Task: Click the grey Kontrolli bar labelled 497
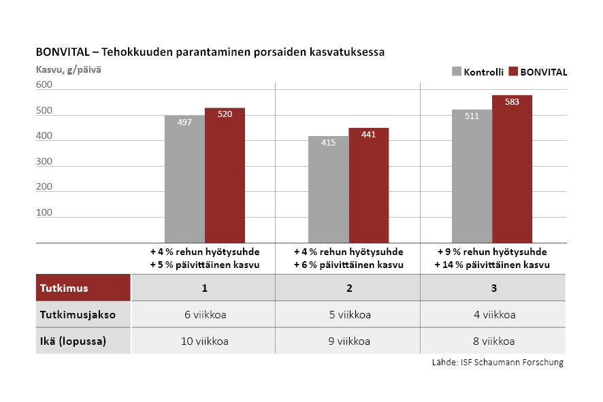tap(184, 179)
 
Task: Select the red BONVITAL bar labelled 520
tap(225, 175)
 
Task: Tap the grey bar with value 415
tap(328, 189)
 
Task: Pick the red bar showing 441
tap(368, 185)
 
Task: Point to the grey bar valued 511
tap(472, 176)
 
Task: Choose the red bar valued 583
tap(512, 169)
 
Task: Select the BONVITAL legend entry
tap(538, 71)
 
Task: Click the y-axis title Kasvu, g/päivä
tap(68, 69)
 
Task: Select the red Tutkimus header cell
tap(83, 288)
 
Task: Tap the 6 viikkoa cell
tap(204, 315)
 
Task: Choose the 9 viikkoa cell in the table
tap(348, 341)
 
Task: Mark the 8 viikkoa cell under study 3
tap(493, 341)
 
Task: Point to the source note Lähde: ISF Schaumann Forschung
tap(498, 363)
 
